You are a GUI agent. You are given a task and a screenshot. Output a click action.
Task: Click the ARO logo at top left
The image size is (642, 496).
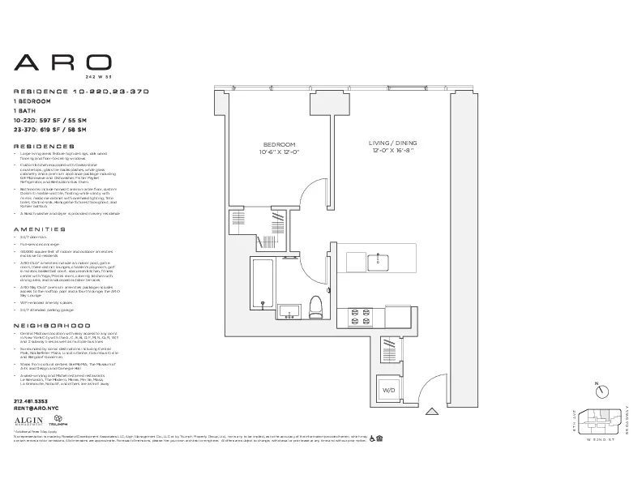click(x=62, y=63)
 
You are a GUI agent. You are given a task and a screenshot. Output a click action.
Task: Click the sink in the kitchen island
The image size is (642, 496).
click(x=376, y=262)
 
